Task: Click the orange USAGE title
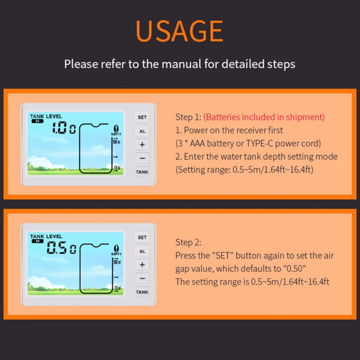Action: click(179, 31)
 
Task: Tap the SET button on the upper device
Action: click(142, 117)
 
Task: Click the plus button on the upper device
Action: click(142, 144)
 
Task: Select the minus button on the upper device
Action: click(142, 158)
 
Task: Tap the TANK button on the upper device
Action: click(142, 172)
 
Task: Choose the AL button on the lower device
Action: click(142, 251)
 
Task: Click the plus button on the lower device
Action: click(142, 265)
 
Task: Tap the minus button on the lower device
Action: click(142, 278)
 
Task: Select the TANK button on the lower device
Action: click(142, 292)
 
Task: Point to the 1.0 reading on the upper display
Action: click(59, 128)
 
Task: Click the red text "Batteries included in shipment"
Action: click(264, 117)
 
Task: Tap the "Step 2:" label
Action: click(188, 242)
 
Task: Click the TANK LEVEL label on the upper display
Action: click(46, 116)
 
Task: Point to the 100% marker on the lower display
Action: click(117, 262)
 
